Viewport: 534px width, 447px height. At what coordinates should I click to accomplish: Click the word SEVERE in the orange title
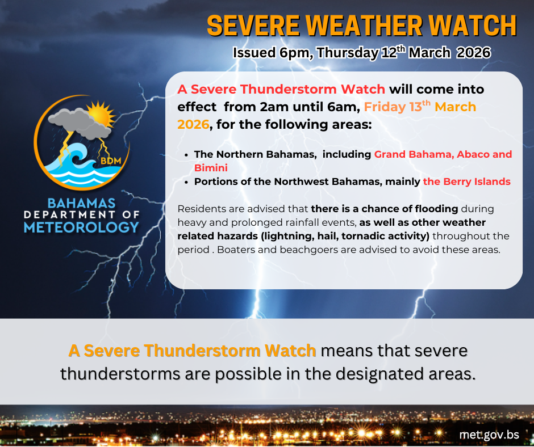click(253, 26)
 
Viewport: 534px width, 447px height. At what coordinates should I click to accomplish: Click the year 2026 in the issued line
click(473, 53)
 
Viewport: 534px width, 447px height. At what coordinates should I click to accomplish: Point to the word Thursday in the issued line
click(347, 53)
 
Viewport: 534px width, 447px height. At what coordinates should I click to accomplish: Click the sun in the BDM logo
click(101, 114)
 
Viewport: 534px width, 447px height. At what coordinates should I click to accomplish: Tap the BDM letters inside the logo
click(111, 161)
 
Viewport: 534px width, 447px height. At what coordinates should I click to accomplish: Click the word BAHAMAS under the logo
click(81, 204)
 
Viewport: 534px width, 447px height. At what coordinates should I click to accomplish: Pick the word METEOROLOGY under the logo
click(81, 227)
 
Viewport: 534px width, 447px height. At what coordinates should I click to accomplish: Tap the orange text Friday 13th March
click(420, 107)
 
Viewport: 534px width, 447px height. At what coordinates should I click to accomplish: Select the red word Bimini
click(211, 168)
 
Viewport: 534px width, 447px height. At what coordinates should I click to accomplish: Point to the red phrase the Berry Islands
click(466, 182)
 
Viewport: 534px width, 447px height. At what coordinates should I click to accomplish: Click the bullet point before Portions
click(186, 182)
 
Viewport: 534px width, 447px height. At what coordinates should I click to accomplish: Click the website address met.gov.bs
click(489, 435)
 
